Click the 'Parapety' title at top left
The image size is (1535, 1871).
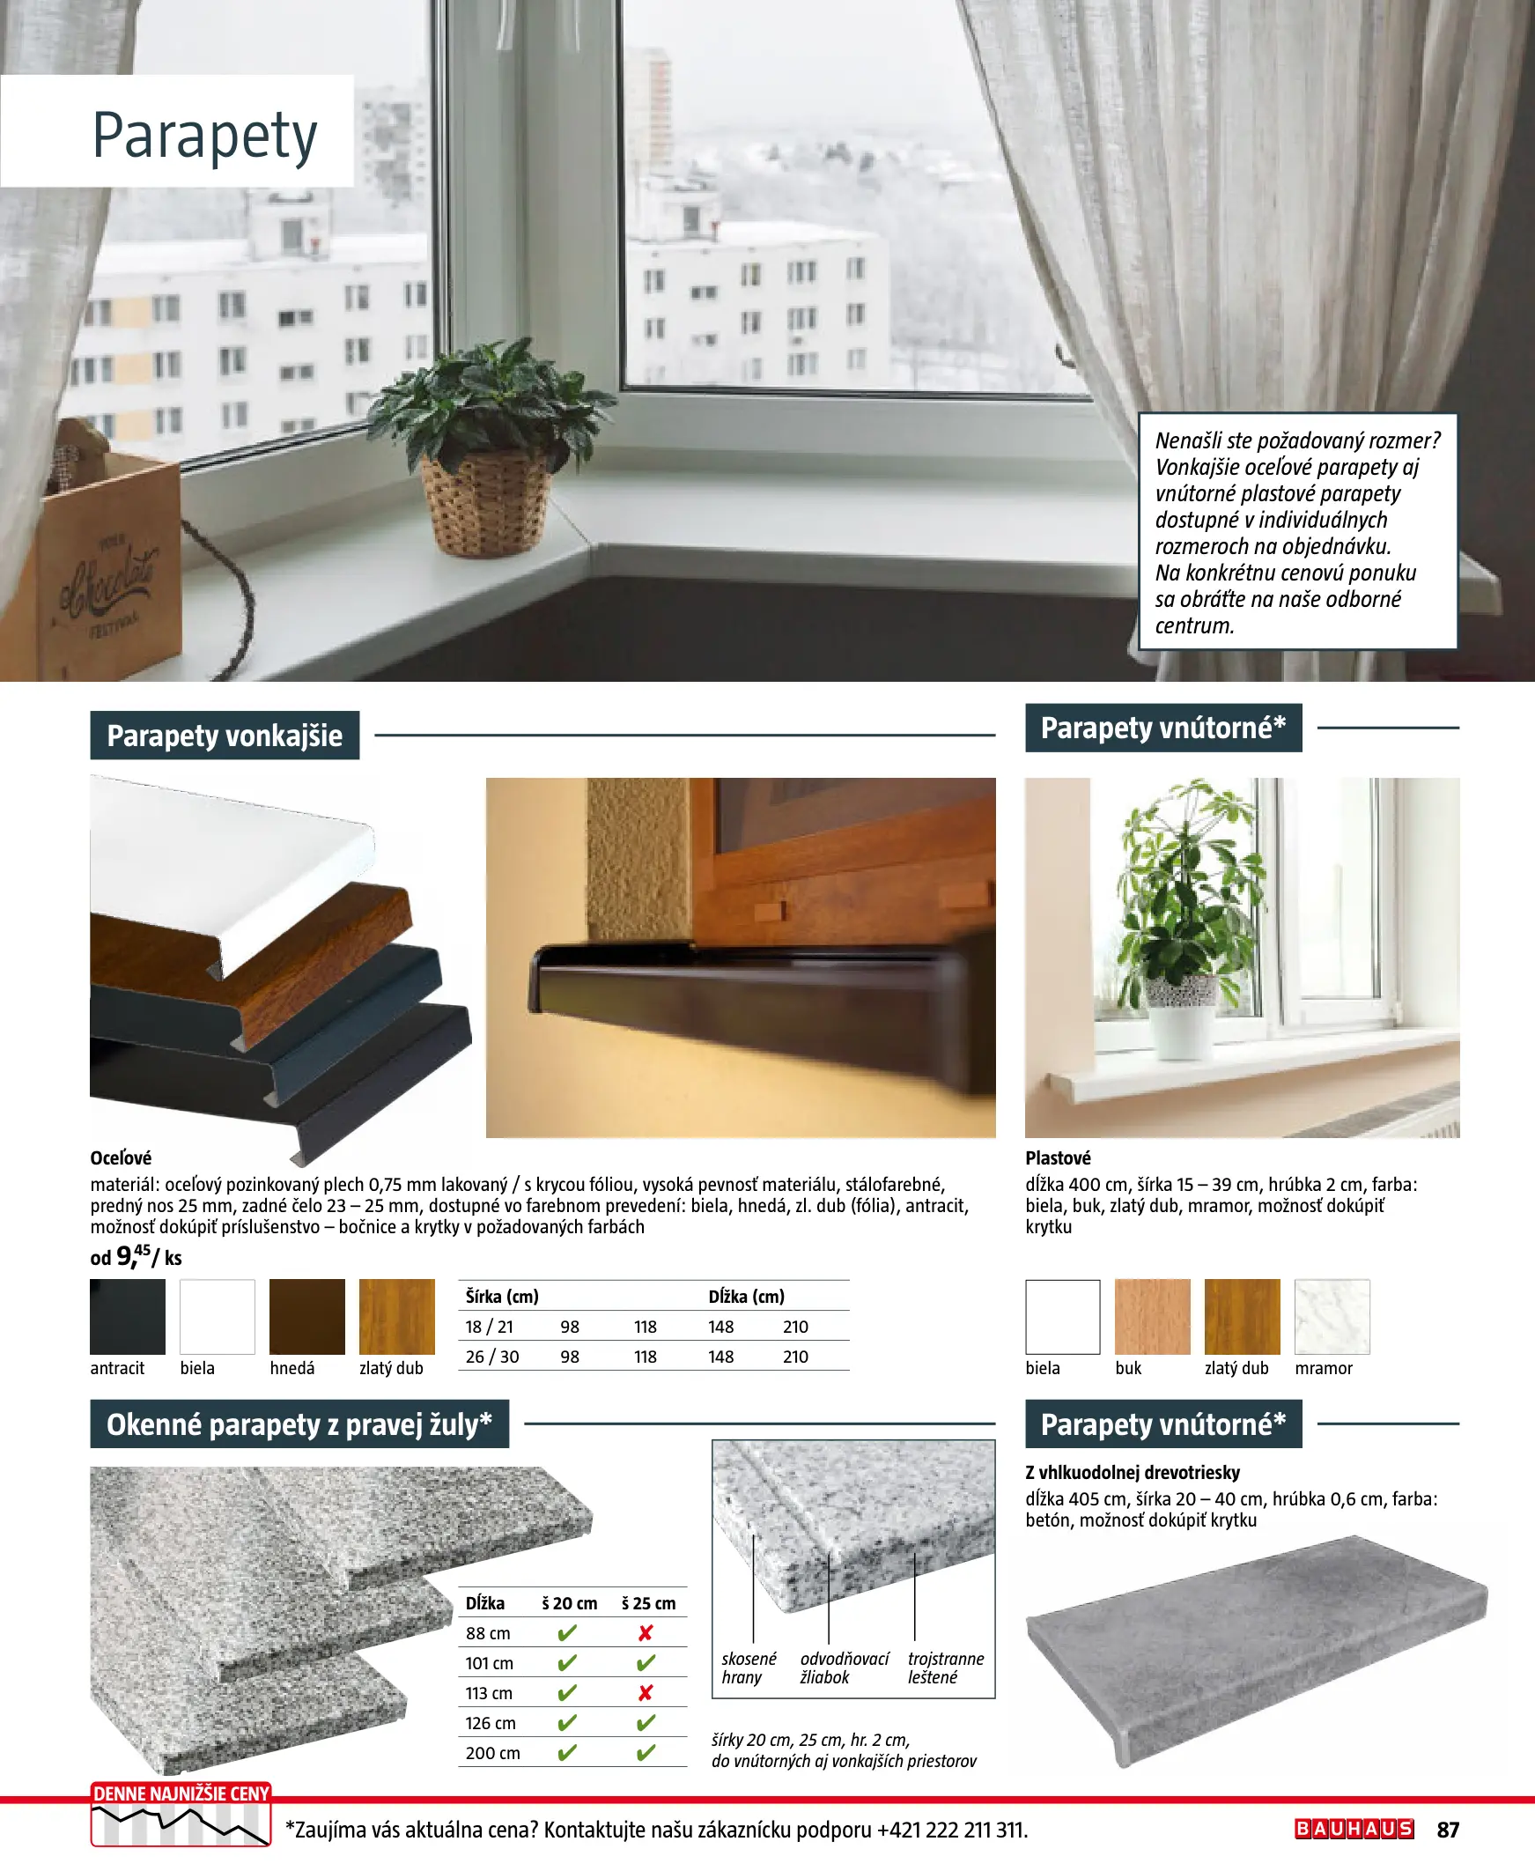204,137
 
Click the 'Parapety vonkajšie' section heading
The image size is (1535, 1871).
225,736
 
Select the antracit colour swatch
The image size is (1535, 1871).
128,1317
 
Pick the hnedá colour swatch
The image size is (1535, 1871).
306,1317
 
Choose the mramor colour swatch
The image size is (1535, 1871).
1332,1317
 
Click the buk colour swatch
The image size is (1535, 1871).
1152,1317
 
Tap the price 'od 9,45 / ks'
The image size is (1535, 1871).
137,1256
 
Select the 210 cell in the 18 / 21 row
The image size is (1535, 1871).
795,1327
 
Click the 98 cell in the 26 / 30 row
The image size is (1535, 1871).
570,1357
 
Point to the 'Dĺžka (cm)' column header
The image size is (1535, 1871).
746,1297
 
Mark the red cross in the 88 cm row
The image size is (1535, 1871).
646,1633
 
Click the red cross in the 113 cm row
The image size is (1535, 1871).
646,1692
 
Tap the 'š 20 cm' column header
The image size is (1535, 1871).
570,1603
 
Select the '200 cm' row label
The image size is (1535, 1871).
492,1752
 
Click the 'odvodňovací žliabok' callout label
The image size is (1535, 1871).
844,1668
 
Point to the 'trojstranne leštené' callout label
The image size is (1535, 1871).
945,1668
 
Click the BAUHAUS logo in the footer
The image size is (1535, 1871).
1354,1829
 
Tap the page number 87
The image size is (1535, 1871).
1448,1830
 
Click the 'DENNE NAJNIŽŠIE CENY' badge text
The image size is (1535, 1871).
181,1793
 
